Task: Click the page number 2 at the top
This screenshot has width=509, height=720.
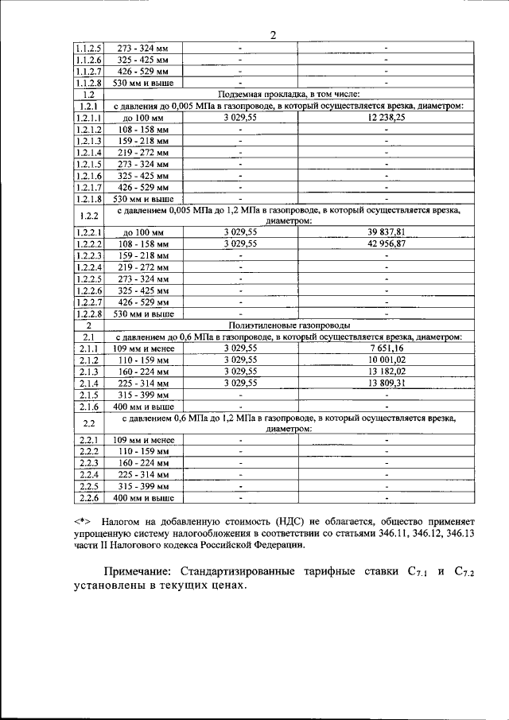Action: pos(272,34)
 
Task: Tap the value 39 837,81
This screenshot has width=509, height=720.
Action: pos(387,232)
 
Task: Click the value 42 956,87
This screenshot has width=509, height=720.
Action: pos(387,243)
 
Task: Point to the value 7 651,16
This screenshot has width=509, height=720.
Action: pos(387,348)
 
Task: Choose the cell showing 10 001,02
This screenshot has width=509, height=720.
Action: pos(387,360)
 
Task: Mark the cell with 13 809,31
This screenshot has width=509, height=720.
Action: pos(387,383)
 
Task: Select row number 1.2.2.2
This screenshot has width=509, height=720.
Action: pos(88,243)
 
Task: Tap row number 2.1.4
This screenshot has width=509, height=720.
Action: pos(88,383)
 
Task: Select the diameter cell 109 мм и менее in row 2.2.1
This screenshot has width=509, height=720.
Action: pos(144,440)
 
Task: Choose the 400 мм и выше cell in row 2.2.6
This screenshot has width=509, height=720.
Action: pos(144,498)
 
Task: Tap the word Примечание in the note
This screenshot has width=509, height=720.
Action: pos(144,571)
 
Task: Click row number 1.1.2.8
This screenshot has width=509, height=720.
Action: pos(88,82)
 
